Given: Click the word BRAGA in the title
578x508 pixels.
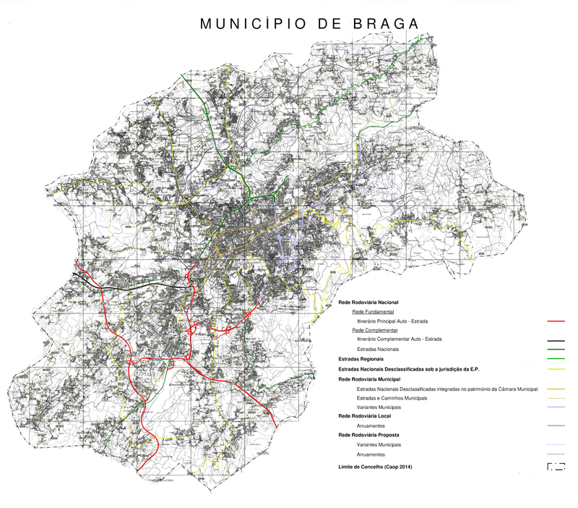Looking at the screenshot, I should point(386,23).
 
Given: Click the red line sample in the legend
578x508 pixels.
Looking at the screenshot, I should point(556,321).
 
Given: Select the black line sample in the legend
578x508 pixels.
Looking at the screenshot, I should point(556,340).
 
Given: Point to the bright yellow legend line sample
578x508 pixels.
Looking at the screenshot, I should point(556,369).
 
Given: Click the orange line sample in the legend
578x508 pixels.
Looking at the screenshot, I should point(556,389).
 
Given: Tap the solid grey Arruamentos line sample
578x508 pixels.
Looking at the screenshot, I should point(556,426).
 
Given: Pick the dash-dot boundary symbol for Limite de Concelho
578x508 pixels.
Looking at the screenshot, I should point(556,467).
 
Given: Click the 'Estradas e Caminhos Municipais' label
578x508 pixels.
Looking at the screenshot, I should point(392,399).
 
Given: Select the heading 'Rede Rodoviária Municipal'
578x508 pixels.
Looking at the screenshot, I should point(369,379).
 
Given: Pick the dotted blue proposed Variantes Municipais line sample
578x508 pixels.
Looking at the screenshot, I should point(556,445).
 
